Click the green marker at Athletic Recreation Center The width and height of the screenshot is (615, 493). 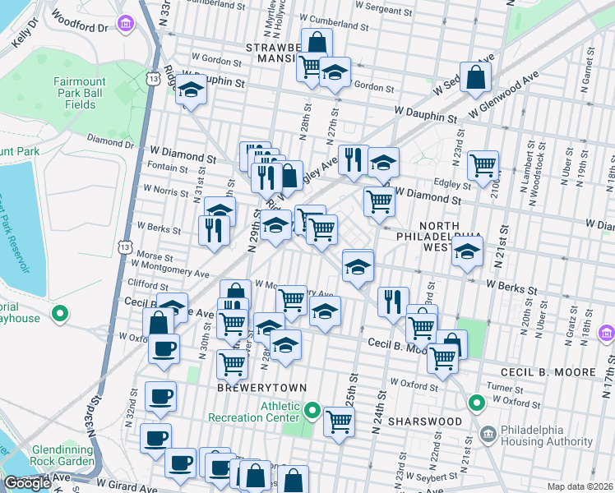pos(312,409)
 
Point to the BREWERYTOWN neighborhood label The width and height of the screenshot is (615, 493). pos(251,387)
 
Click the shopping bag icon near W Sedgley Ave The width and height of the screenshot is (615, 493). pos(476,77)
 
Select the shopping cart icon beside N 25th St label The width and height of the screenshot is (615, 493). pos(339,422)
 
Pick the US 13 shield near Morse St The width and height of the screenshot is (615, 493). pos(124,246)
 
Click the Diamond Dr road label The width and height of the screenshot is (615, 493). pos(104,141)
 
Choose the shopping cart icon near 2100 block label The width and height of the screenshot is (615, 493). pos(483,164)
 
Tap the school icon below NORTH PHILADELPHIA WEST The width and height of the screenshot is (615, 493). pos(467,251)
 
